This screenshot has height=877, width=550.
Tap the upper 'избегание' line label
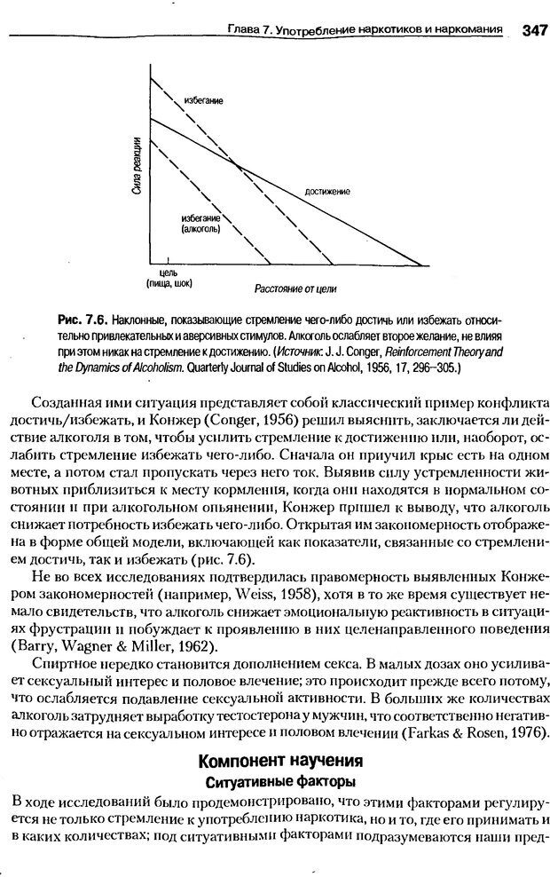(x=203, y=100)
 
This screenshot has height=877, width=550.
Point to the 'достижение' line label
(x=326, y=191)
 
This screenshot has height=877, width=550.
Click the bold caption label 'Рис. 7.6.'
(x=85, y=319)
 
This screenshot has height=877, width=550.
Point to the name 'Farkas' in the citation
(x=435, y=731)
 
